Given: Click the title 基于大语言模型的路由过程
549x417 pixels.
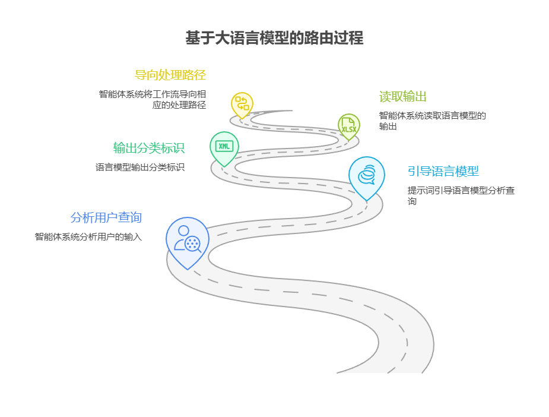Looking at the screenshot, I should point(274,39).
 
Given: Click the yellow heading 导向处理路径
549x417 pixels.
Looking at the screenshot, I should point(170,75).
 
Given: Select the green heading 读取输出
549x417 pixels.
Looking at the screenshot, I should point(403,97).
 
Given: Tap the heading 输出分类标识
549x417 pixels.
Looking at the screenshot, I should point(149,148).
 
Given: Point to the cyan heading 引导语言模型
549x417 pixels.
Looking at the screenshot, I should point(443,171).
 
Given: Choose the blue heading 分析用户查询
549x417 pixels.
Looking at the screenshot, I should point(106,217).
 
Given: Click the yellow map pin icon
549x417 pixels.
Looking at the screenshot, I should point(242,105).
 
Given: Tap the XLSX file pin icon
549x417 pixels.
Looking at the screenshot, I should point(349,126).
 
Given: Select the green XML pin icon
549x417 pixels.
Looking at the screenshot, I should point(224,147).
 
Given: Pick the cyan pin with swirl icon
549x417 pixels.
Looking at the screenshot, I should point(367,176).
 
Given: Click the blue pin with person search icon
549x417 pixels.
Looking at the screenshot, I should point(188,241).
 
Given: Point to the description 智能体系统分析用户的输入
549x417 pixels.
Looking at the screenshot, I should point(88,236).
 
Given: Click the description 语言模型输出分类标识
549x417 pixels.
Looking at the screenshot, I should point(140,168).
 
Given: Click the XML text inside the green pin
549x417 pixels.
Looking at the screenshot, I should point(224,146).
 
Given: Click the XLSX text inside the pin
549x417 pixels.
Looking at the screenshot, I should point(349,129).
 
